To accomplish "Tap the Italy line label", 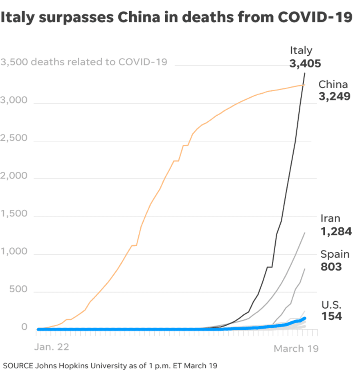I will point(301,50).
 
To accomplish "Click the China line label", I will point(333,84).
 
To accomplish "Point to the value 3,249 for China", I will point(334,96).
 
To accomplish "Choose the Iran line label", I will point(330,219).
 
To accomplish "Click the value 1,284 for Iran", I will point(336,231).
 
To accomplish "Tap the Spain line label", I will point(335,254).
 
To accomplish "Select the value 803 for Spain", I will point(331,267).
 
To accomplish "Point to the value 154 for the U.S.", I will point(332,316).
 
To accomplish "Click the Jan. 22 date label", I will point(52,347).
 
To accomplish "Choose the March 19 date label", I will point(296,349).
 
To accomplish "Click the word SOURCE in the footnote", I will point(18,366).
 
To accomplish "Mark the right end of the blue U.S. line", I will point(305,318).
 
